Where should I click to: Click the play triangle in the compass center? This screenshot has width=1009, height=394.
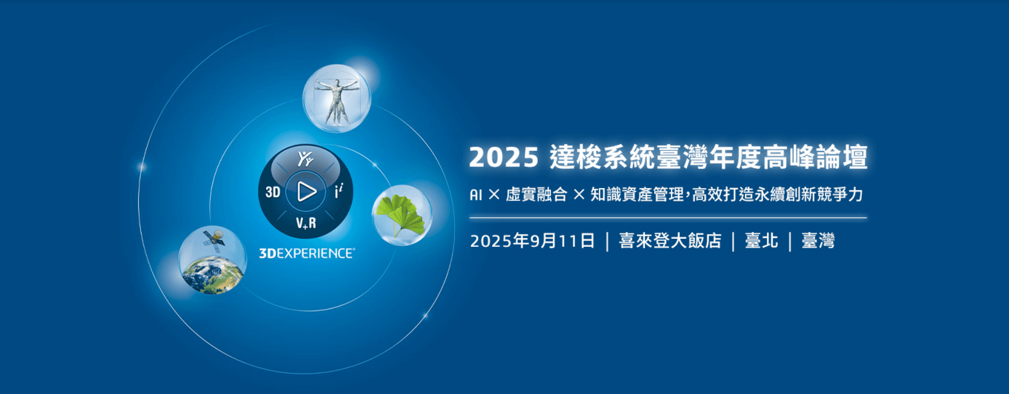click(307, 191)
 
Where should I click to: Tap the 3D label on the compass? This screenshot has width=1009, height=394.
click(273, 192)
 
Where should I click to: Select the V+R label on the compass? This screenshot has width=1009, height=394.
click(306, 223)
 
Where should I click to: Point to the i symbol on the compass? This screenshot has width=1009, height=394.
click(339, 190)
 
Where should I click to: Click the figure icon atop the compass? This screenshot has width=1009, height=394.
click(305, 159)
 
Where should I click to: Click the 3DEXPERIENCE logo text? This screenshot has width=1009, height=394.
click(307, 253)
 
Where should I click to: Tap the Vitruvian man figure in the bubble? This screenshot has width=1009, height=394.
click(336, 101)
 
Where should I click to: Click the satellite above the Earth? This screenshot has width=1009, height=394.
click(214, 239)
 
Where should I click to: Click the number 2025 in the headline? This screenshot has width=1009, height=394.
click(504, 157)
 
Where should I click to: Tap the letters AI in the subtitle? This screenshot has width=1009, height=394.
click(476, 195)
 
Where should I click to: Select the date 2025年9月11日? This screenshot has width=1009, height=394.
click(532, 241)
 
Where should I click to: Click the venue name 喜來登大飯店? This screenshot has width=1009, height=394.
click(670, 241)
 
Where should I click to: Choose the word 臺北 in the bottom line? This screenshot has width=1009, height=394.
click(762, 241)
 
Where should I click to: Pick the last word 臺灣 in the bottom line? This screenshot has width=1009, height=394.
click(818, 241)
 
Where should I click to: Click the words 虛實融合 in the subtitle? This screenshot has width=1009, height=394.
click(536, 195)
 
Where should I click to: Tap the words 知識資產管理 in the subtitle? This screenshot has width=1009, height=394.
click(637, 195)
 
